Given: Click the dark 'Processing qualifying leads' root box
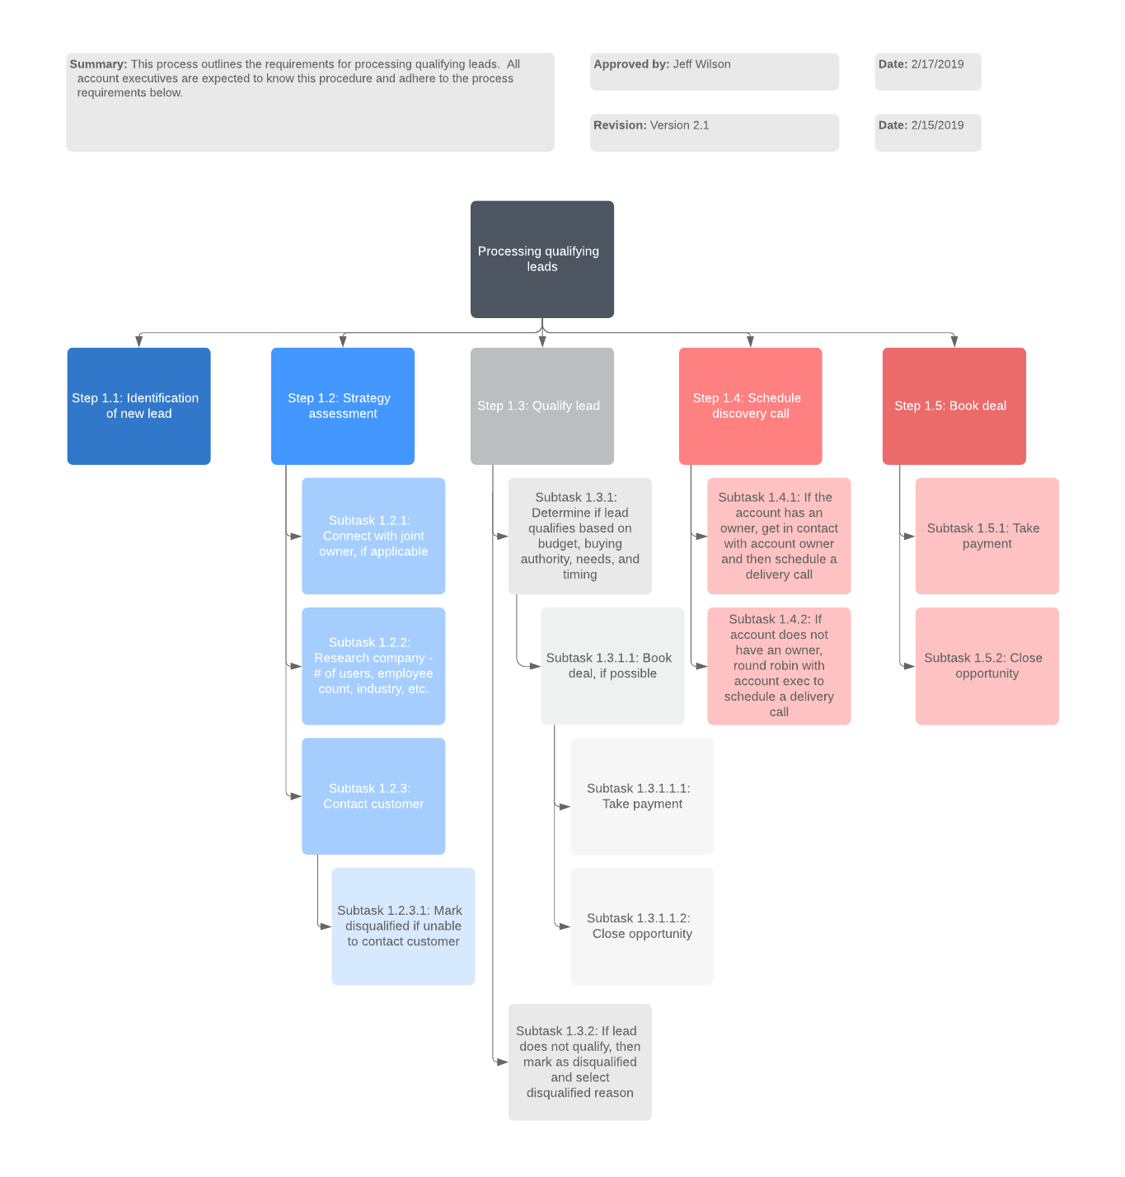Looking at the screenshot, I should (x=541, y=259).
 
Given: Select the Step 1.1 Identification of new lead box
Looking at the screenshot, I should (x=138, y=406).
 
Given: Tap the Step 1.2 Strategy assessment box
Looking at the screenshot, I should (x=342, y=406).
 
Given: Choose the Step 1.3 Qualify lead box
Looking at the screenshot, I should (x=541, y=406).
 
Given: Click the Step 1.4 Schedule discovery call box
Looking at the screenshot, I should (x=750, y=406).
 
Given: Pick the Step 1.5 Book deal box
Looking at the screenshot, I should (x=954, y=406).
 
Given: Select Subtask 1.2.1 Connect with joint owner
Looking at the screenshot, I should (x=373, y=536).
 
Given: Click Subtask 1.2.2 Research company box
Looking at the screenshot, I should (x=373, y=666).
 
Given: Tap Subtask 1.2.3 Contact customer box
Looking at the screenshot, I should (x=373, y=796).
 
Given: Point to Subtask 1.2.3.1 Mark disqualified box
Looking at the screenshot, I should (x=403, y=926).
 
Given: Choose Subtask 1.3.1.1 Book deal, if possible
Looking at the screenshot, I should (x=612, y=666).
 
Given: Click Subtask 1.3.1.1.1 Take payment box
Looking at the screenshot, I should (x=642, y=796).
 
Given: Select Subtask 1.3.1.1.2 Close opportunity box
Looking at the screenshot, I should (x=642, y=926).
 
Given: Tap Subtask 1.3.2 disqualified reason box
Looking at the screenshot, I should (x=579, y=1062).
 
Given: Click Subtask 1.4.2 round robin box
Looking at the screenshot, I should (x=779, y=666).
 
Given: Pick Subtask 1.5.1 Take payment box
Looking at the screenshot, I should (x=987, y=536).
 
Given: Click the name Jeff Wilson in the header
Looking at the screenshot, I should (x=701, y=64).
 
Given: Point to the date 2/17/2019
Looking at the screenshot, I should (x=937, y=64).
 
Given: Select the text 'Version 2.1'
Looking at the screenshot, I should (x=679, y=125).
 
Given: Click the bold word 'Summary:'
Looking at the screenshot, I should (x=98, y=64).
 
